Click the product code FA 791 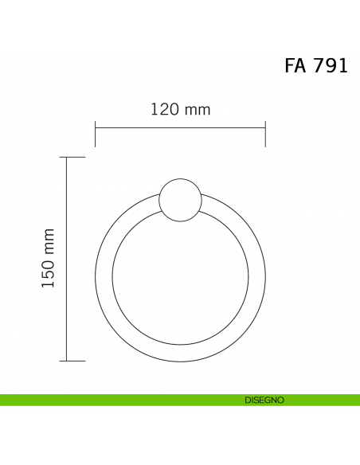[x=316, y=65]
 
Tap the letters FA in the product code [x=295, y=65]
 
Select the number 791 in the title [x=331, y=65]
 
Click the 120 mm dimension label [x=181, y=109]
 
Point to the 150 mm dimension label [x=48, y=258]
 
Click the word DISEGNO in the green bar [x=264, y=400]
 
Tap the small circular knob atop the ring [x=180, y=200]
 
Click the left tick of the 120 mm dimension [x=96, y=134]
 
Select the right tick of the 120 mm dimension [x=265, y=134]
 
